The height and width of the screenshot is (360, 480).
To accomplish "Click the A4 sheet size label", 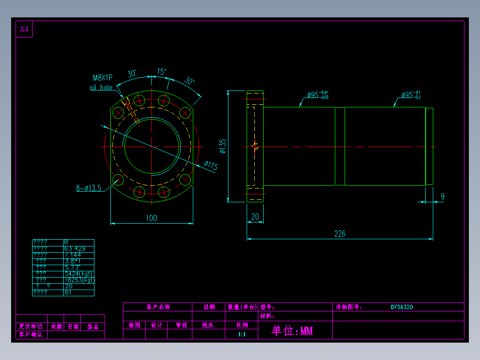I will click(x=24, y=30).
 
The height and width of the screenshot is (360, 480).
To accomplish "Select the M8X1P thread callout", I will click(x=102, y=78).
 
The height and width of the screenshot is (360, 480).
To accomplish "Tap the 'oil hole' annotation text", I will click(x=101, y=88).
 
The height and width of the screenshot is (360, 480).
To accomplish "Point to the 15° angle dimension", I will click(x=161, y=71).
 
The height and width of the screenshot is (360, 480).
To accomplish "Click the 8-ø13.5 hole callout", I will click(x=88, y=188).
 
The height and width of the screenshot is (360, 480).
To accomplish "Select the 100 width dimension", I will click(x=151, y=218).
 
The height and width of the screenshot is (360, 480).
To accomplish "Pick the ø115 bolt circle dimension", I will click(x=211, y=166).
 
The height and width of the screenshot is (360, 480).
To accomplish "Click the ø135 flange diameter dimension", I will click(x=223, y=146).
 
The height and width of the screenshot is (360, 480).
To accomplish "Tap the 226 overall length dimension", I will click(x=340, y=233).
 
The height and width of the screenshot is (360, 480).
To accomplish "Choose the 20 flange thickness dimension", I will click(x=255, y=217).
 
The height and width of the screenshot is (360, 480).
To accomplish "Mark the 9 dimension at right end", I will click(x=443, y=196).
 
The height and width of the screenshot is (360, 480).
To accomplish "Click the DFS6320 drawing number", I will click(x=402, y=307).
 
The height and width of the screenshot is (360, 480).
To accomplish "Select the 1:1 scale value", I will click(x=242, y=334).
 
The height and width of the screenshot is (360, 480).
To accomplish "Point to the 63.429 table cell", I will click(x=75, y=249).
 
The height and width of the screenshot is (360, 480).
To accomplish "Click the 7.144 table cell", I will click(x=73, y=255).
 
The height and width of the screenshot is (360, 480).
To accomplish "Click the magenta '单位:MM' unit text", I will click(x=292, y=331).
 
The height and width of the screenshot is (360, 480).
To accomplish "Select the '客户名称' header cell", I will click(x=158, y=307).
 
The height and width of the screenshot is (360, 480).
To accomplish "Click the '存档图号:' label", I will click(x=348, y=307).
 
